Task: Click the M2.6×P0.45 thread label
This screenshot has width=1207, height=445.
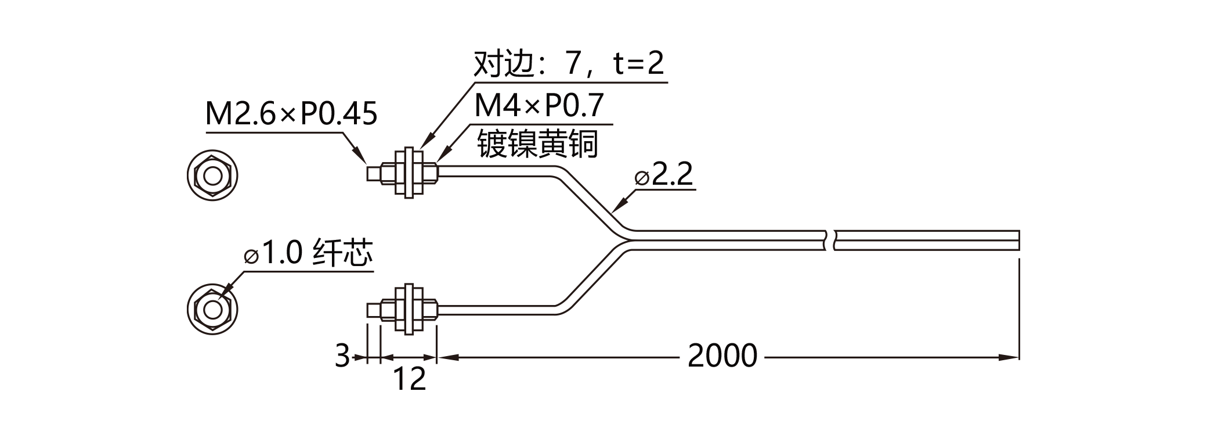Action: [291, 114]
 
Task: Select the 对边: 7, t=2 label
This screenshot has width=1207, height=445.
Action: [569, 63]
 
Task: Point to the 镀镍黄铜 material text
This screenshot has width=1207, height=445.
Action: [537, 143]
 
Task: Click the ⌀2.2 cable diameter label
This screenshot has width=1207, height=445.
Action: [664, 174]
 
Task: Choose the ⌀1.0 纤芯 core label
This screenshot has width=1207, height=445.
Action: [309, 253]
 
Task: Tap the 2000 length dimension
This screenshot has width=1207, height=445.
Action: [722, 356]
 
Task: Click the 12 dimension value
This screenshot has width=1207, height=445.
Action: [410, 379]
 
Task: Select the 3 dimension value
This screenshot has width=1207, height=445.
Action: [343, 356]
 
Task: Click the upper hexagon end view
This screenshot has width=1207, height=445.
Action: [213, 175]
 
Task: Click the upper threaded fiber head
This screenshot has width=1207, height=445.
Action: [402, 173]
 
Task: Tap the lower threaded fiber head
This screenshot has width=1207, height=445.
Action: [402, 308]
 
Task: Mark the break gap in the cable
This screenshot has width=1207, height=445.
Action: [829, 240]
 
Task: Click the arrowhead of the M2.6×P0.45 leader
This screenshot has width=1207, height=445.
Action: [360, 156]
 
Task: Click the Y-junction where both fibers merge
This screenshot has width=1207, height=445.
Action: [624, 240]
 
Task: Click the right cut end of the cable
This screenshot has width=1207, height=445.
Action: [1018, 240]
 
